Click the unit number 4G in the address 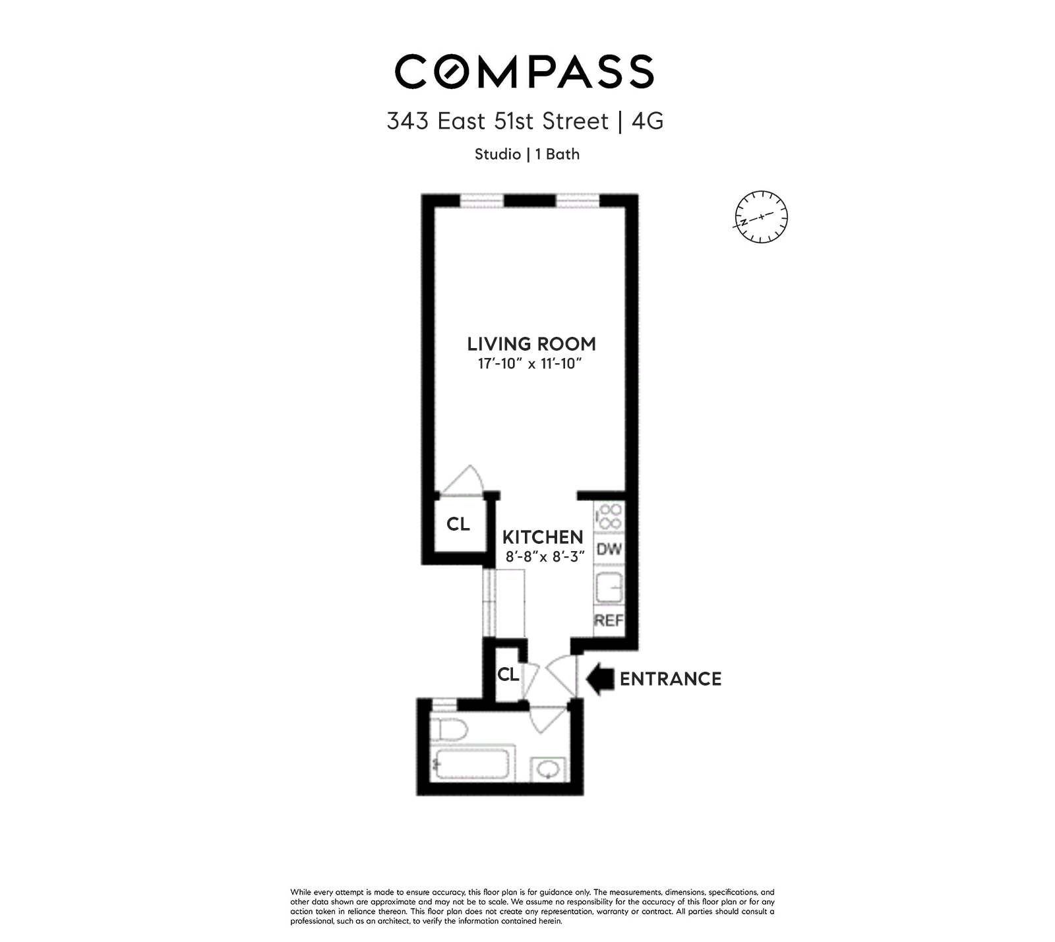647,121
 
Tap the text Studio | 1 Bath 527,154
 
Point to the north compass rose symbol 761,217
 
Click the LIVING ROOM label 531,343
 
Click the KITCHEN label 543,537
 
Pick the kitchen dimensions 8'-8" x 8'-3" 545,557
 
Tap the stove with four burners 609,516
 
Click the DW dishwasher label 609,548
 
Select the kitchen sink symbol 609,586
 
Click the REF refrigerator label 608,620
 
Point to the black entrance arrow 600,679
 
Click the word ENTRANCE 671,679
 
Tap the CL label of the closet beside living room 458,524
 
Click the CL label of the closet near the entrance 508,674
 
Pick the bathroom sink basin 548,769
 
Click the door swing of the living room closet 464,481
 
